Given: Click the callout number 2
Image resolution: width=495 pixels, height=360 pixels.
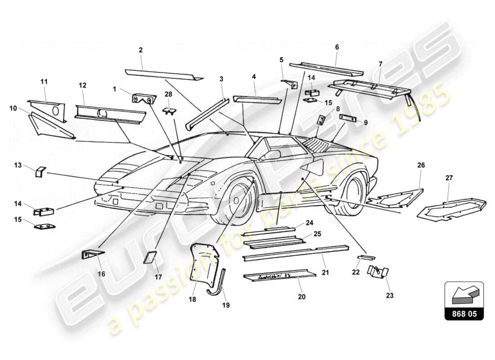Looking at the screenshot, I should [141, 50].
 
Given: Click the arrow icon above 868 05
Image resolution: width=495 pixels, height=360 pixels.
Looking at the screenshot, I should [463, 294].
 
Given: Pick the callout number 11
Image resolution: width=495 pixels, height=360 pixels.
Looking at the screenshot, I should [44, 81].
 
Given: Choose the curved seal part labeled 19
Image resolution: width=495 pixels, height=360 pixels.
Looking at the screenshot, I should [218, 283].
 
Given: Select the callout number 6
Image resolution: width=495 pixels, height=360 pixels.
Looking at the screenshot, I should [337, 47].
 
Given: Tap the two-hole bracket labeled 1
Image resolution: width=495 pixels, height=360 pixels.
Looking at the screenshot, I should [144, 98].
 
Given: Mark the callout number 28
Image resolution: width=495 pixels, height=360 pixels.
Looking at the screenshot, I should [168, 94].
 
